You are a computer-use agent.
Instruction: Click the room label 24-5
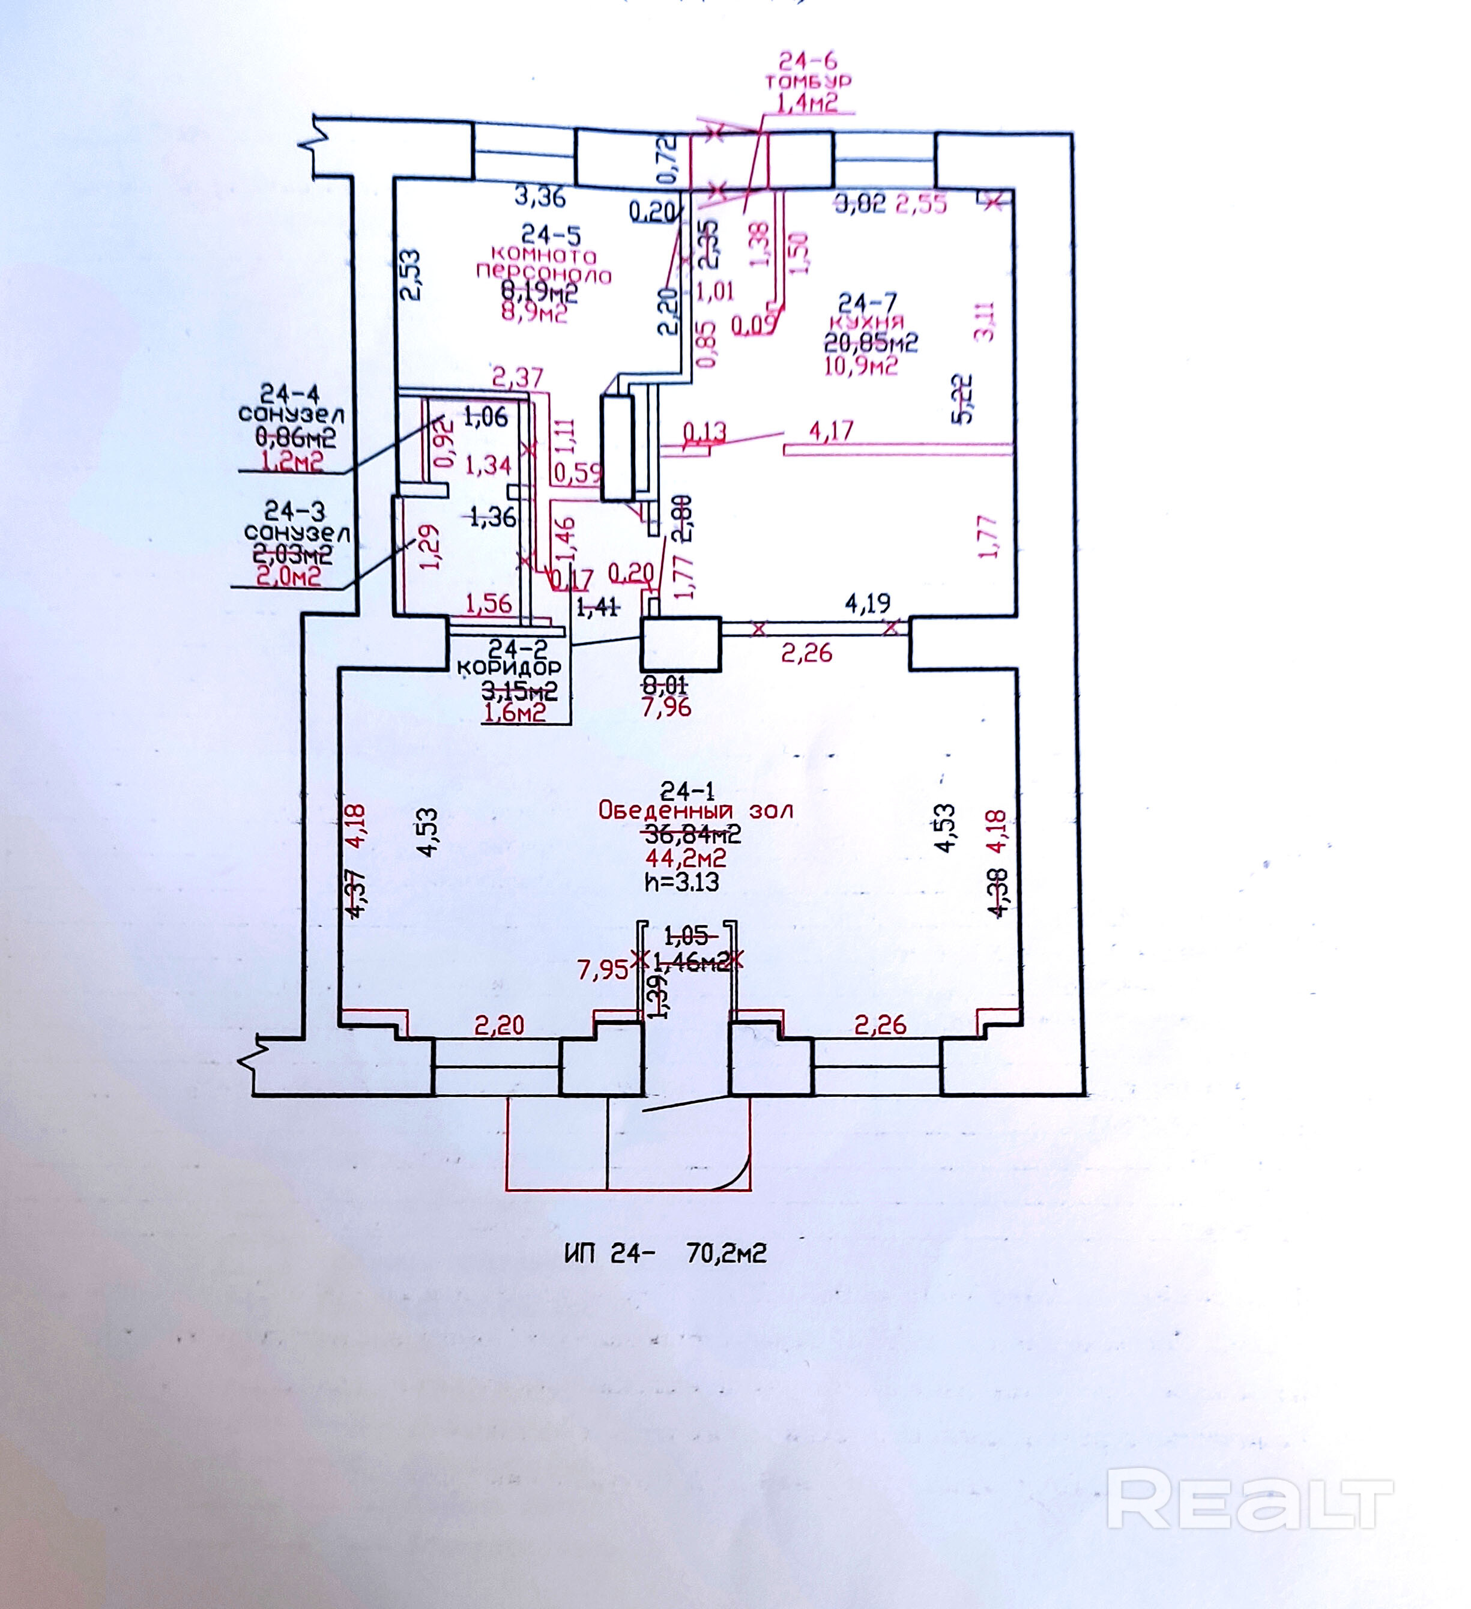551,235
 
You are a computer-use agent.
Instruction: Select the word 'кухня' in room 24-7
867,322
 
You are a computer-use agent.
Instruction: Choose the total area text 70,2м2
726,1253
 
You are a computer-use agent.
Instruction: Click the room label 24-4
290,393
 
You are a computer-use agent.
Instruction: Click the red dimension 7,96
666,707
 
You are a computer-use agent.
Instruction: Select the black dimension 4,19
868,603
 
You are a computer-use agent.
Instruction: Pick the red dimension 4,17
831,432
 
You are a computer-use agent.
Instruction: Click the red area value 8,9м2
534,313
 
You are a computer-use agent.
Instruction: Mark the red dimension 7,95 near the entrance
603,970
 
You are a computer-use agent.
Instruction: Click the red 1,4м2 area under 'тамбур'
807,102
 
